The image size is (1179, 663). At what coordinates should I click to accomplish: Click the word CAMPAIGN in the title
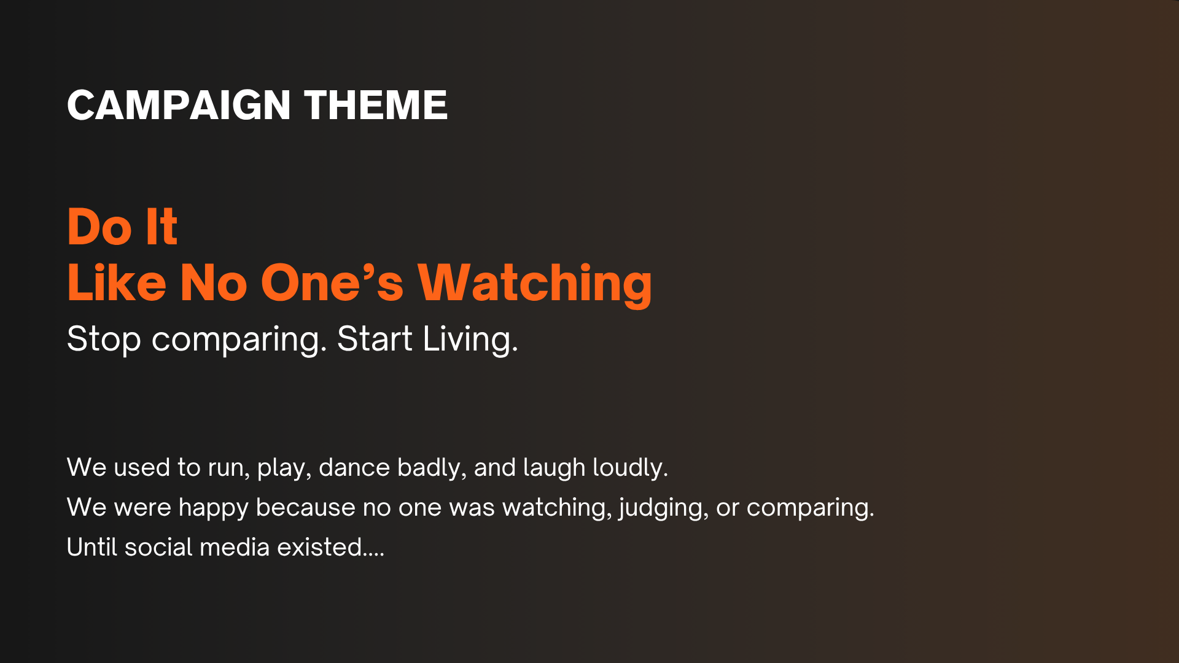tap(179, 105)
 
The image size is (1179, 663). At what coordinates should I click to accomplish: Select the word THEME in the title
tap(376, 105)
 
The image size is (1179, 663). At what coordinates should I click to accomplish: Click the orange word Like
tap(117, 283)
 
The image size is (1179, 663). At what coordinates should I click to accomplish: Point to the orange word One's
tap(332, 283)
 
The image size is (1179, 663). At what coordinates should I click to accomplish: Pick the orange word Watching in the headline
tap(535, 285)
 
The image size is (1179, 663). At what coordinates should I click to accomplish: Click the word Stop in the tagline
tap(104, 339)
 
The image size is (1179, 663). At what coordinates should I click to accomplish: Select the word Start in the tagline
tap(375, 339)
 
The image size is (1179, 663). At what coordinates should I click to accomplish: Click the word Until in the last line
tap(91, 547)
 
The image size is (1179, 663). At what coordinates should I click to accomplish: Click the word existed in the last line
tap(319, 547)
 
